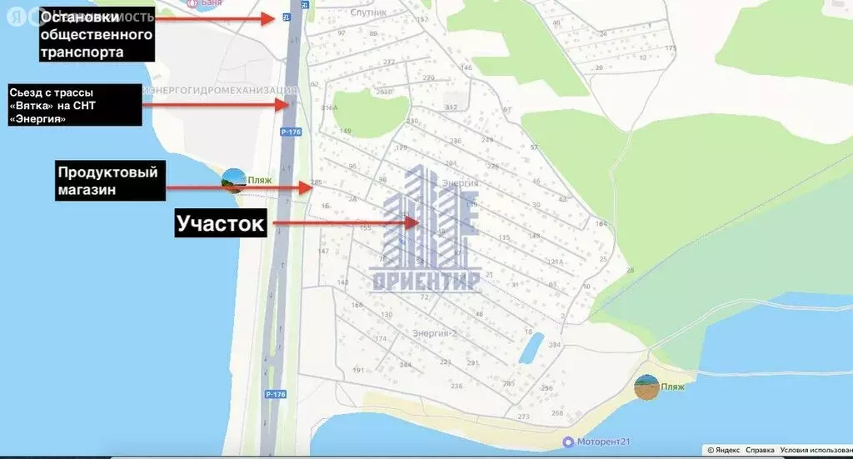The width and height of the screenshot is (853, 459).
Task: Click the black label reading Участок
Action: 220,223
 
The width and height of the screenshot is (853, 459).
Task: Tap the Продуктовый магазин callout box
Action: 107,180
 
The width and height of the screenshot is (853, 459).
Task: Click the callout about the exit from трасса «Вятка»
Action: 71,105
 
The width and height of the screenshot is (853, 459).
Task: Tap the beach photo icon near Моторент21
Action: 647,387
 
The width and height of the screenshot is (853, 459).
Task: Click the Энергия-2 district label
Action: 435,333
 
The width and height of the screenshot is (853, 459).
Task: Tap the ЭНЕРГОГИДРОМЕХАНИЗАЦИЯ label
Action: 222,89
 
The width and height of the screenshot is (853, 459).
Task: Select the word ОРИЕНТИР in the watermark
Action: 426,282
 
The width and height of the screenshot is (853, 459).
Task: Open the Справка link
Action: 760,450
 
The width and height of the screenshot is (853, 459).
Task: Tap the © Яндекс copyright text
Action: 723,450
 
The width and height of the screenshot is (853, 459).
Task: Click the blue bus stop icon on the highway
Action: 287,17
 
